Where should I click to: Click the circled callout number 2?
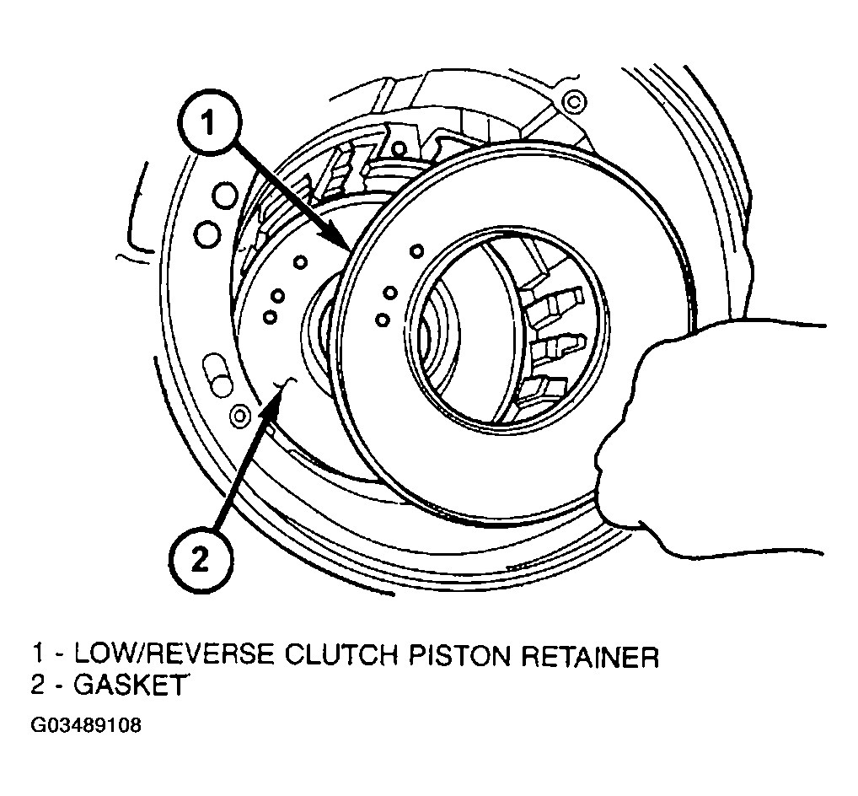pyautogui.click(x=201, y=559)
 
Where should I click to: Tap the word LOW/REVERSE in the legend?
pyautogui.click(x=174, y=654)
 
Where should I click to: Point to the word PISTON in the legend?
pyautogui.click(x=462, y=654)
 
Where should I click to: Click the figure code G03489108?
pyautogui.click(x=87, y=725)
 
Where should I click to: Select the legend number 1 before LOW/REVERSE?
pyautogui.click(x=38, y=654)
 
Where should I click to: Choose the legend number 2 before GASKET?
pyautogui.click(x=38, y=685)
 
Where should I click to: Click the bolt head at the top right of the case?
pyautogui.click(x=574, y=101)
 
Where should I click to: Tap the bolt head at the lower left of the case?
pyautogui.click(x=240, y=416)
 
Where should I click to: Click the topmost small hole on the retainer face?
pyautogui.click(x=417, y=251)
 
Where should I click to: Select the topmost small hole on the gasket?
pyautogui.click(x=300, y=263)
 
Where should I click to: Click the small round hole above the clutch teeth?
pyautogui.click(x=400, y=148)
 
